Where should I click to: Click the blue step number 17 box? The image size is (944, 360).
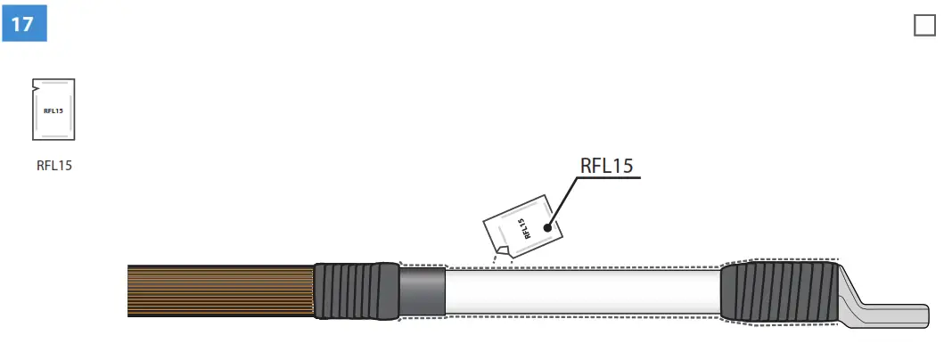(x=24, y=23)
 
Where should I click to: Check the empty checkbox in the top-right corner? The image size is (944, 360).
(x=924, y=26)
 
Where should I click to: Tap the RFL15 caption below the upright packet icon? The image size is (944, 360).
(x=53, y=165)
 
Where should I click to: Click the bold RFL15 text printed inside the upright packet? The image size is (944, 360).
(x=53, y=111)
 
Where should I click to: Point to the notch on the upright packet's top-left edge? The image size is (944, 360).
(x=35, y=86)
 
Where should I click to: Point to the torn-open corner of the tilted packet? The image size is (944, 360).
(x=502, y=250)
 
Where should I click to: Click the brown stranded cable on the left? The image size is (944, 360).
(x=218, y=290)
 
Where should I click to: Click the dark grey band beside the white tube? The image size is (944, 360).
(x=423, y=290)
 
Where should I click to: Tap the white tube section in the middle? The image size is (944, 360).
(x=579, y=290)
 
